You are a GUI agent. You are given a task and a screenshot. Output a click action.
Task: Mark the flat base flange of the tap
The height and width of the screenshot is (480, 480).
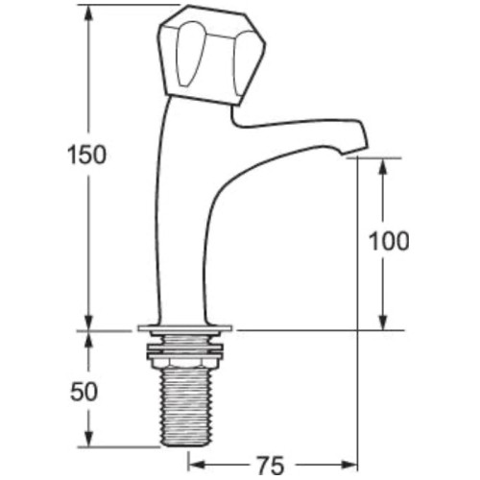click(186, 328)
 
